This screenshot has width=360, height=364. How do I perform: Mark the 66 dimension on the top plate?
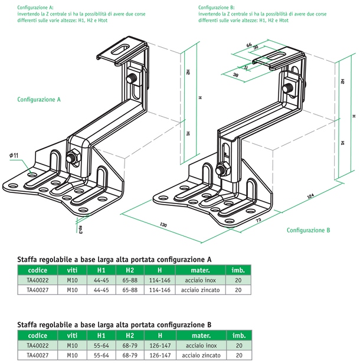click(x=250, y=45)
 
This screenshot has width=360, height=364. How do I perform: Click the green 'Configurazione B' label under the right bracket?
click(x=309, y=230)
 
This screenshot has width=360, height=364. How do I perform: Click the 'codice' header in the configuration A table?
click(x=38, y=271)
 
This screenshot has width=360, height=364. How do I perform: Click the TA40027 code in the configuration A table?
click(x=38, y=290)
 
